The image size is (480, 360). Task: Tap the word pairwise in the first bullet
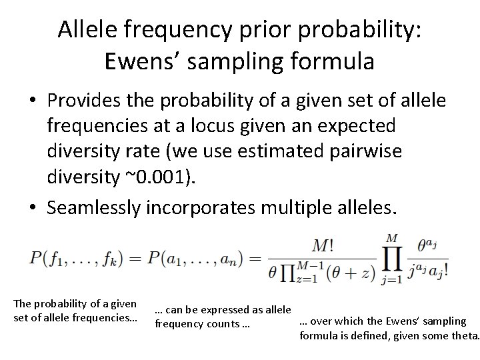[x=366, y=151]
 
